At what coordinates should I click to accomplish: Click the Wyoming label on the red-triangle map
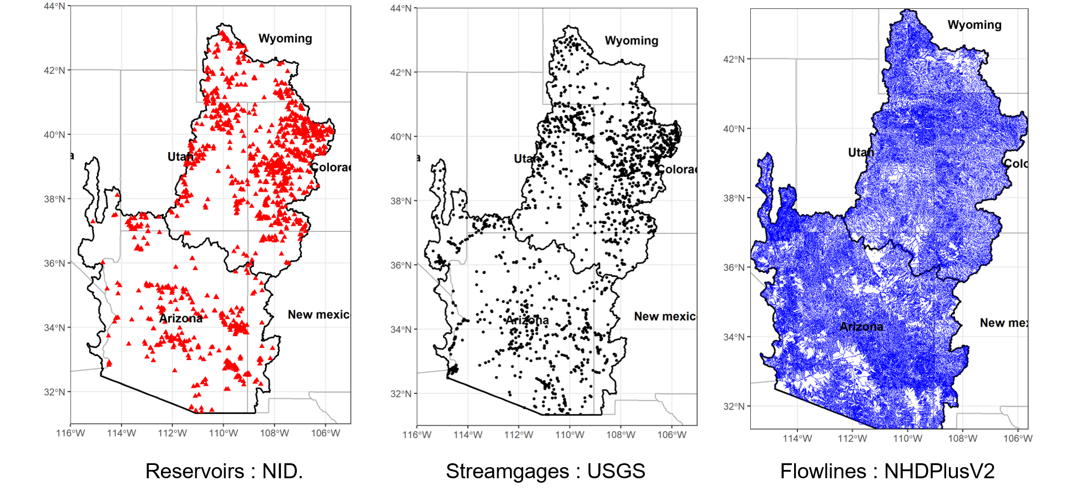[285, 38]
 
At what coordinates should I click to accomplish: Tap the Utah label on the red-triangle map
[180, 157]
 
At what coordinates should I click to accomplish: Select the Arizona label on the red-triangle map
[181, 318]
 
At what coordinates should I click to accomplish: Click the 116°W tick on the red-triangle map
[70, 433]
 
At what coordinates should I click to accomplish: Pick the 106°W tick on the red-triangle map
[325, 433]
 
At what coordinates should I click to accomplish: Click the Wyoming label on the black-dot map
[632, 41]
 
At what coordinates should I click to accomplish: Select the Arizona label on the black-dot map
[527, 320]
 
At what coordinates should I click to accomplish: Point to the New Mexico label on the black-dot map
[665, 316]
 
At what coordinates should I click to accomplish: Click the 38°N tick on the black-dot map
[401, 201]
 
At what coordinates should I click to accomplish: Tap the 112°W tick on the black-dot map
[518, 435]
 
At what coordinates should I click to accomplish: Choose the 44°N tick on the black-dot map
[401, 8]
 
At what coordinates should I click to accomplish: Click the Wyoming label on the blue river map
[974, 25]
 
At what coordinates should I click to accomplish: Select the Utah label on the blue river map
[861, 153]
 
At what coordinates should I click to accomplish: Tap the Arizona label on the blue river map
[861, 327]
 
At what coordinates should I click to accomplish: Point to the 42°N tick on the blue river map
[734, 59]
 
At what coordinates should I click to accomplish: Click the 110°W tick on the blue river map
[907, 439]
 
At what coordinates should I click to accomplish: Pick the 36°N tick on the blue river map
[734, 267]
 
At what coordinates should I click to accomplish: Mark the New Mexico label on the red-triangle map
[319, 315]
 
